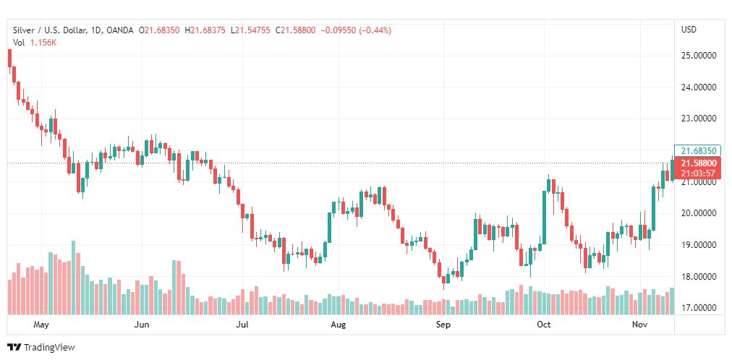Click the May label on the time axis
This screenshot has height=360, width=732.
coord(41,325)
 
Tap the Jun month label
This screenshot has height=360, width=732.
coord(142,325)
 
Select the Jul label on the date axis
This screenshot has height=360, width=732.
coord(243,325)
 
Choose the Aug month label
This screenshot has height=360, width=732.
coord(338,325)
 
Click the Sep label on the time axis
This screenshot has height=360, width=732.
coord(443,325)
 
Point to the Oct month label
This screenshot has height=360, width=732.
coord(544,325)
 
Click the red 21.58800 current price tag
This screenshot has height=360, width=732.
coord(698,163)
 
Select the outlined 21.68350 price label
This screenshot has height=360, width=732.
coord(698,150)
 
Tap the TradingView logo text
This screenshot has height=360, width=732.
coord(49,348)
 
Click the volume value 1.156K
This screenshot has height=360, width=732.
coord(43,43)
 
